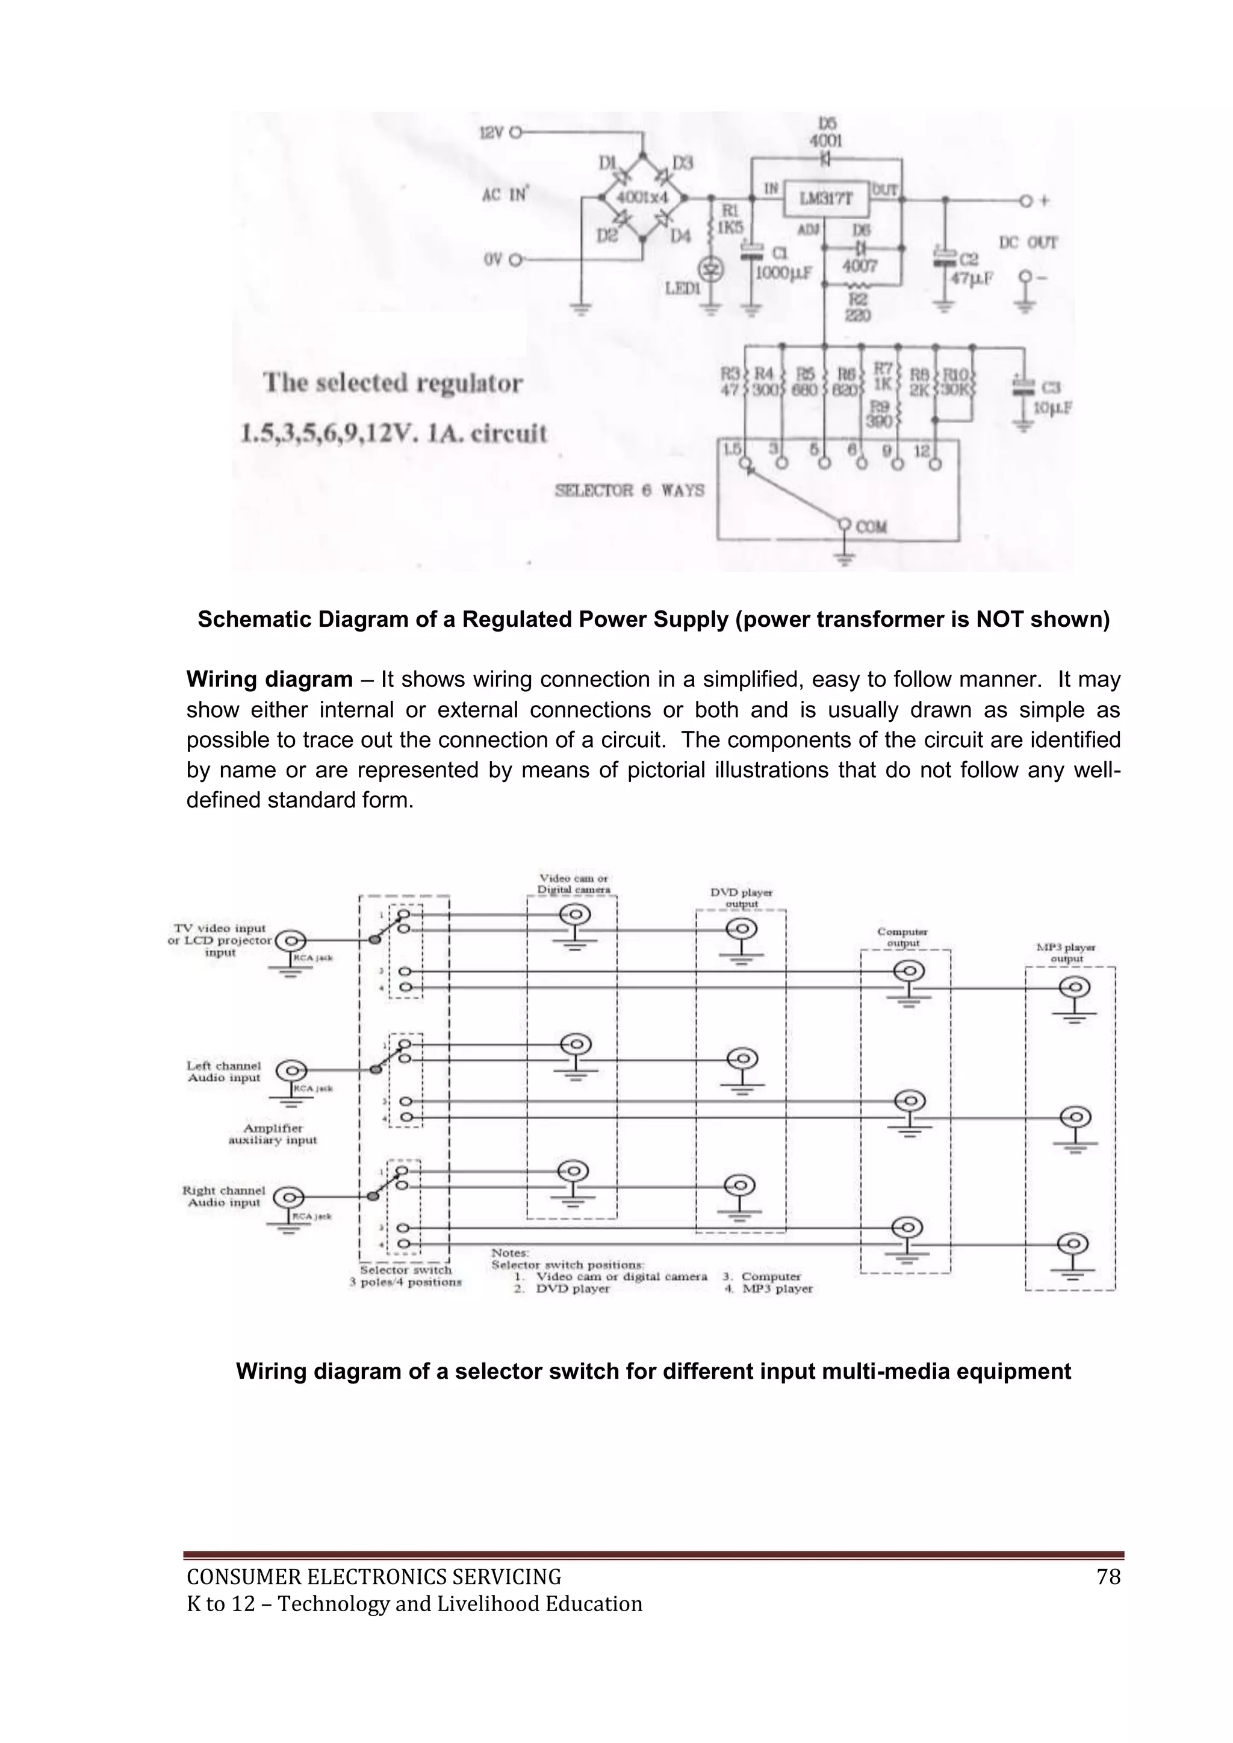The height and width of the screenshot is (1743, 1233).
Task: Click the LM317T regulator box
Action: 826,199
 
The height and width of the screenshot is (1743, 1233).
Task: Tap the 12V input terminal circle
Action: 517,132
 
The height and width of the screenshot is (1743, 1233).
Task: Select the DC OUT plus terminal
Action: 1026,200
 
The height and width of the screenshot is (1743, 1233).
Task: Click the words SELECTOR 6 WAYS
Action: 629,491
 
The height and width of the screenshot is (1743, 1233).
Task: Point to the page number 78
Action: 1108,1577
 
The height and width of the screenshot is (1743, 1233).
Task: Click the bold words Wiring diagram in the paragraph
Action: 270,679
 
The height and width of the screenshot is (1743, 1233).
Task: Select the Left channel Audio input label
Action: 224,1072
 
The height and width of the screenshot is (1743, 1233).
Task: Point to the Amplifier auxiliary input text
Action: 273,1134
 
